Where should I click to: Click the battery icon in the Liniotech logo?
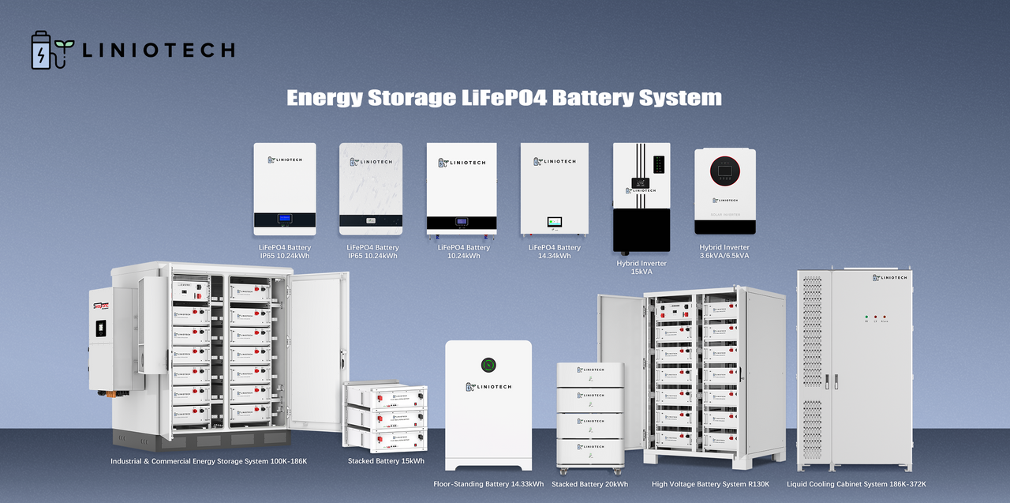coord(40,51)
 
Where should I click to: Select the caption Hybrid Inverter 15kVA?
coord(642,268)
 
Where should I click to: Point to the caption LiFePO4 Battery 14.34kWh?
coord(554,251)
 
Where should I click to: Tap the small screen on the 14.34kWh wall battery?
coord(555,223)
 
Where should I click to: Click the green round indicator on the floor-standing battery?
coord(488,365)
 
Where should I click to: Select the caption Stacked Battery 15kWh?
coord(386,461)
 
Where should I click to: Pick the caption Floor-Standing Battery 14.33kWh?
coord(488,484)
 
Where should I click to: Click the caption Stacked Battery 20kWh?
coord(589,484)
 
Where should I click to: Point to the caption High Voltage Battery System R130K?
coord(709,484)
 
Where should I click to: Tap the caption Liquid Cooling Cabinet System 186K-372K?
coord(856,484)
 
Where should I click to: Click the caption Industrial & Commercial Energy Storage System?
coord(208,461)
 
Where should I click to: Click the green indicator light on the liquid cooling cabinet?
coord(866,317)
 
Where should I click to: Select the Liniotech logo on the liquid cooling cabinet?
coord(889,277)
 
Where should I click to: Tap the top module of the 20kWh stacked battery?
coord(590,374)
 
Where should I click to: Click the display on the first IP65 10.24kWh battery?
coord(284,219)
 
